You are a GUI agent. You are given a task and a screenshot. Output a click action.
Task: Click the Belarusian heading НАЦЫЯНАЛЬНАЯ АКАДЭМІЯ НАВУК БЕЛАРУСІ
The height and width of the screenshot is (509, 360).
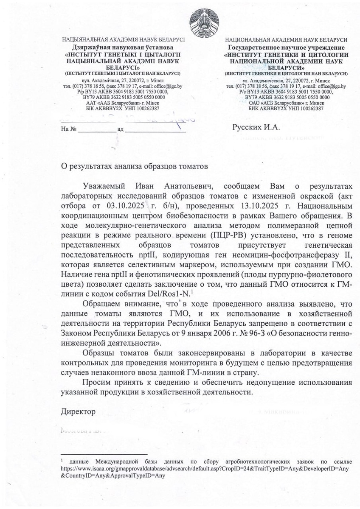(x=124, y=40)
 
